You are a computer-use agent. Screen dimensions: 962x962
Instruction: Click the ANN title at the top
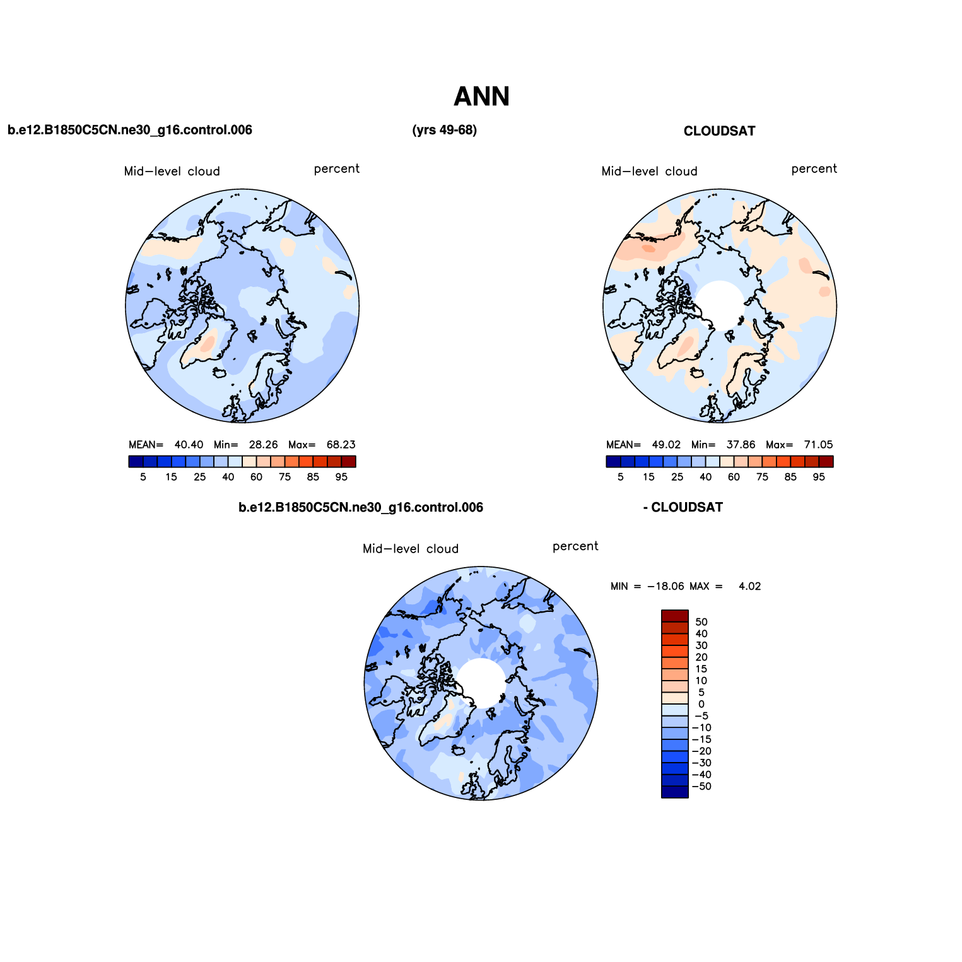tap(481, 97)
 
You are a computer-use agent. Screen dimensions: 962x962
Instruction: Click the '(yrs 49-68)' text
tap(444, 130)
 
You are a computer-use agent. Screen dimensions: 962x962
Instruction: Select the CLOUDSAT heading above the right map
tap(719, 131)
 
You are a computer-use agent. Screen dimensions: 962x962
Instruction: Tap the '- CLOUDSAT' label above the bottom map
tap(683, 507)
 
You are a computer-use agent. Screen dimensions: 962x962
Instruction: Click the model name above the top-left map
tap(129, 130)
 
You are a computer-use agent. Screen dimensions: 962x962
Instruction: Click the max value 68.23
tap(341, 445)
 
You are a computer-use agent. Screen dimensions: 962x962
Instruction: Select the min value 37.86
tap(741, 445)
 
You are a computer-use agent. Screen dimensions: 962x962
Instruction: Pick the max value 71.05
tap(818, 445)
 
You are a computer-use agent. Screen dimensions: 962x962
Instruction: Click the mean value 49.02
tap(666, 445)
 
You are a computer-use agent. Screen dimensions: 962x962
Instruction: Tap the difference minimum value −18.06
tap(666, 586)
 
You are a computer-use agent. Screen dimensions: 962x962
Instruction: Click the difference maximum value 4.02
tap(749, 586)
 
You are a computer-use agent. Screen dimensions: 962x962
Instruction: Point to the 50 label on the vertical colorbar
tap(701, 622)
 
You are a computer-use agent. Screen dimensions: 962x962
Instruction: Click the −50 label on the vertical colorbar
tap(701, 787)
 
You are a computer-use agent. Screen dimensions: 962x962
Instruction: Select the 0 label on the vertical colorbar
tap(701, 704)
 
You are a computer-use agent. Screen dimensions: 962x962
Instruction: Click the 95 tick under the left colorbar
tap(341, 477)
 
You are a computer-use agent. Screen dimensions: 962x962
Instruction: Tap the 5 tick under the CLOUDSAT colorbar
tap(621, 477)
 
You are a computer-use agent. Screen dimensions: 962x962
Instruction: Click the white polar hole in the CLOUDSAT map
tap(720, 305)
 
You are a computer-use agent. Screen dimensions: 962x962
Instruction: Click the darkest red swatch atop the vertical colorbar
tap(674, 616)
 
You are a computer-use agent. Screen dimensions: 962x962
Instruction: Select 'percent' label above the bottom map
tap(575, 546)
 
